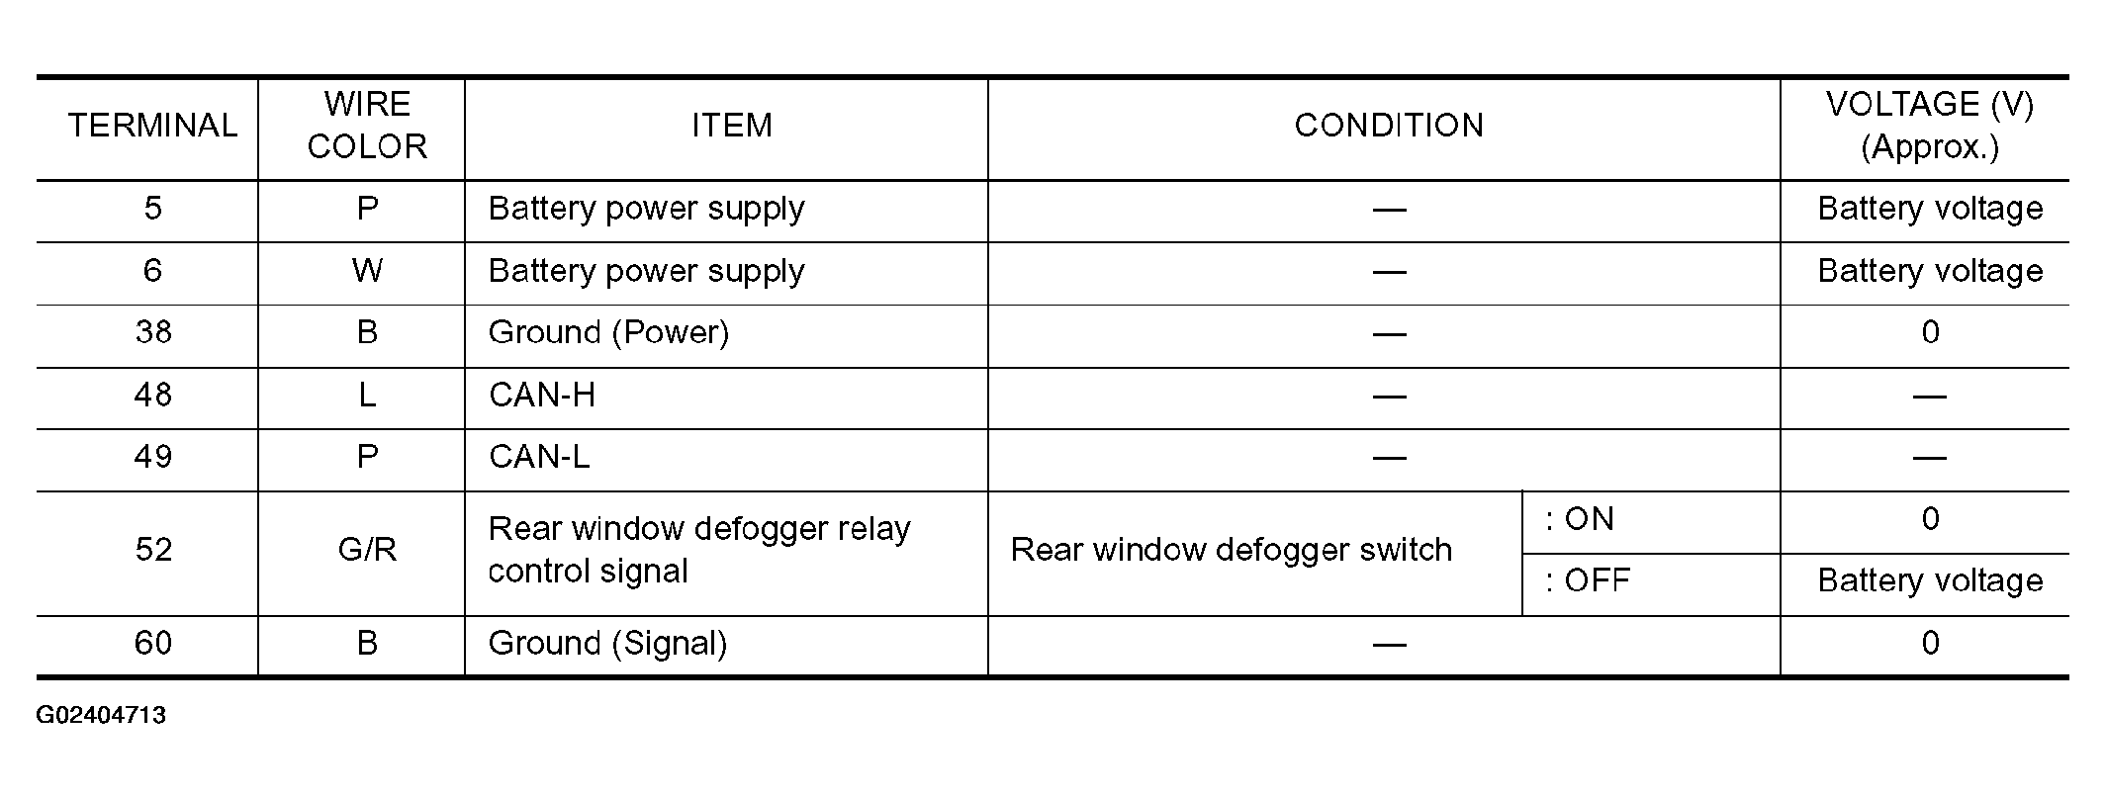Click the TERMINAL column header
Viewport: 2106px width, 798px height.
(152, 126)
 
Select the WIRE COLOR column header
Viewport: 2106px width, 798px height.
(367, 126)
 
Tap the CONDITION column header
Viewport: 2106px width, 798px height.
(1389, 126)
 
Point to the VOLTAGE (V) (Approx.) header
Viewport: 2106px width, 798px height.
(1930, 126)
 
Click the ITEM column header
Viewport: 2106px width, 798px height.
(732, 126)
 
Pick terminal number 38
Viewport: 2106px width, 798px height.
(153, 332)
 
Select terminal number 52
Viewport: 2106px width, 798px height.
(153, 550)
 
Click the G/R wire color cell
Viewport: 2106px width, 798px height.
(367, 550)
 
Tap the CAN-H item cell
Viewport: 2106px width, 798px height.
(542, 396)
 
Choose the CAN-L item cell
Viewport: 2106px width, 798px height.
(539, 457)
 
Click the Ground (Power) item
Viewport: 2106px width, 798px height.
(608, 333)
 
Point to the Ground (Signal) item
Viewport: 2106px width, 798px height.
(607, 645)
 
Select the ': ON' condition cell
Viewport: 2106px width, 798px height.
(1580, 519)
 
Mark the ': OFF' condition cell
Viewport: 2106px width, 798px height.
(1588, 580)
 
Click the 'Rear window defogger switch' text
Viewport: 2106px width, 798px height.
(1232, 551)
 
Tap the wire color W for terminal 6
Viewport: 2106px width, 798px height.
(367, 271)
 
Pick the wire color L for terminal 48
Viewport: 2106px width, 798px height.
(367, 396)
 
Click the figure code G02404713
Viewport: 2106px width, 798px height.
(101, 716)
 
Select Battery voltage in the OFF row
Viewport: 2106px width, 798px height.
(1930, 581)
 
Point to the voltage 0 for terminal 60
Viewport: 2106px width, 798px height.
(1930, 644)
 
